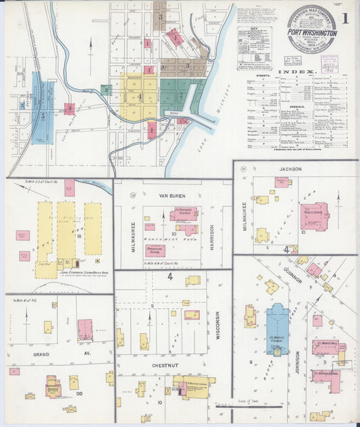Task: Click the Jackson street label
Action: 288,170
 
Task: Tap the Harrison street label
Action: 211,236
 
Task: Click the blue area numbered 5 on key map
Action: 43,115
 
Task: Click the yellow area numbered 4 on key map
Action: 140,97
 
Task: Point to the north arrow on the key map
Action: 91,49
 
